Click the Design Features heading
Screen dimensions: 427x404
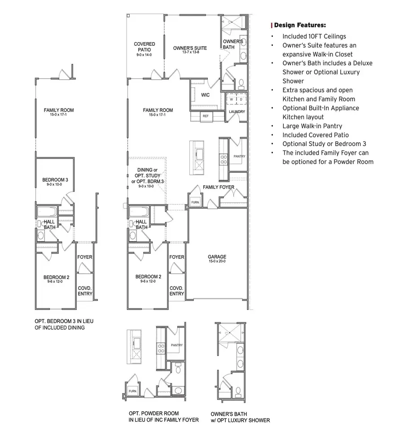click(299, 25)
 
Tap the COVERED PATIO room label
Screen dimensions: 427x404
click(145, 47)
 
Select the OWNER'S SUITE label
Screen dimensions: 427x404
click(190, 48)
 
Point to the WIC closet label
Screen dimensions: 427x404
click(205, 95)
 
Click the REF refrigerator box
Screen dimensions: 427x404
click(206, 116)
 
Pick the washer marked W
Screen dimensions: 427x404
click(232, 99)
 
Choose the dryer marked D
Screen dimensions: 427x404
click(241, 99)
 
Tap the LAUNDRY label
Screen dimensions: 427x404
click(237, 112)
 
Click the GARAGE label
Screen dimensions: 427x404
click(217, 257)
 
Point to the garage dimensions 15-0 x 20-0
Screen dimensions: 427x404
click(217, 261)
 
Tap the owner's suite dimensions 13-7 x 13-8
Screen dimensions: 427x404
click(190, 52)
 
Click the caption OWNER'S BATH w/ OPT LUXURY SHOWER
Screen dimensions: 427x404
click(240, 417)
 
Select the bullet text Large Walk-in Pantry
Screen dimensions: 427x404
click(312, 126)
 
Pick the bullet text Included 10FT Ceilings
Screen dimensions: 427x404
click(314, 36)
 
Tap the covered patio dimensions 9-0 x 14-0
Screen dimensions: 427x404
click(145, 55)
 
